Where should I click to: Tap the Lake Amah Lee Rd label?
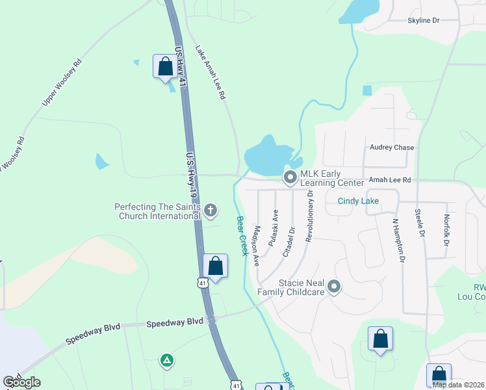tap(211, 73)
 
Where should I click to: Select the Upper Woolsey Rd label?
tap(62, 81)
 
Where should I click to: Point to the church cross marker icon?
tap(210, 210)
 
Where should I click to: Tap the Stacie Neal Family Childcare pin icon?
tap(334, 286)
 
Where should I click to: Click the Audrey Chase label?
tap(392, 148)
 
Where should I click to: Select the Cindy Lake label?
tap(358, 201)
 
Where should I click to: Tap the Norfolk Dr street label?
tap(446, 231)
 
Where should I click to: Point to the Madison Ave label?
tap(257, 245)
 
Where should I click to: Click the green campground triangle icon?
tap(167, 359)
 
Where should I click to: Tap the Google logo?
tap(22, 382)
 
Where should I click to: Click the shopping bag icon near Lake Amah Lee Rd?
tap(165, 66)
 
